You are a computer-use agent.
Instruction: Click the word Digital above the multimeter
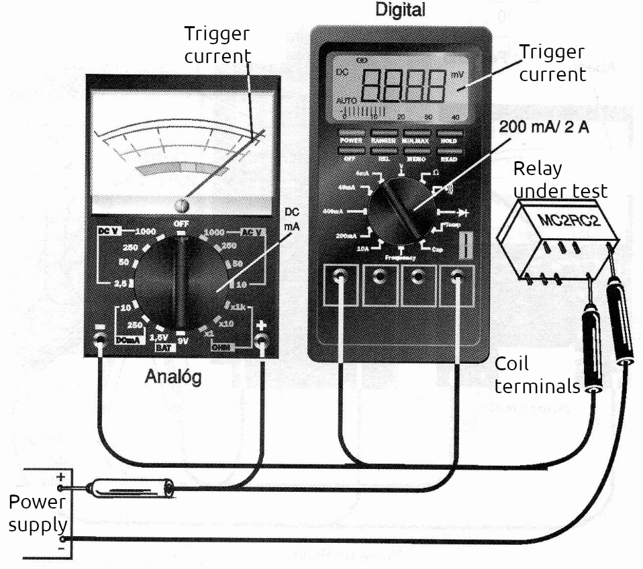[401, 11]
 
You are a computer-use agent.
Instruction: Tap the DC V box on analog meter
[107, 231]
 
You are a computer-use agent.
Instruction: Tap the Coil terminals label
[536, 375]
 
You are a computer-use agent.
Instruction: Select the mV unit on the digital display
[456, 74]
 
